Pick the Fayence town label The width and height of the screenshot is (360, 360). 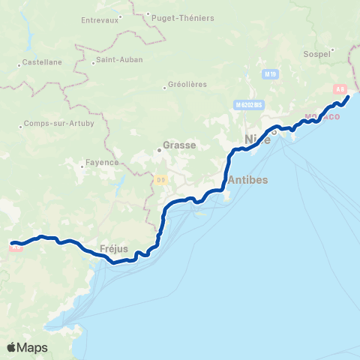coord(102,162)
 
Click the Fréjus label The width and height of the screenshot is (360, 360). coord(114,248)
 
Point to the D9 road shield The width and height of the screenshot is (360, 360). coord(161,179)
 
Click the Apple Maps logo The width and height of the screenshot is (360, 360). coord(27,348)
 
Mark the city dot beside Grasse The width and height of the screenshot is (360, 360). coord(159,149)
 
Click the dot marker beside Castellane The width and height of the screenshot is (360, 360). coord(19,64)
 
